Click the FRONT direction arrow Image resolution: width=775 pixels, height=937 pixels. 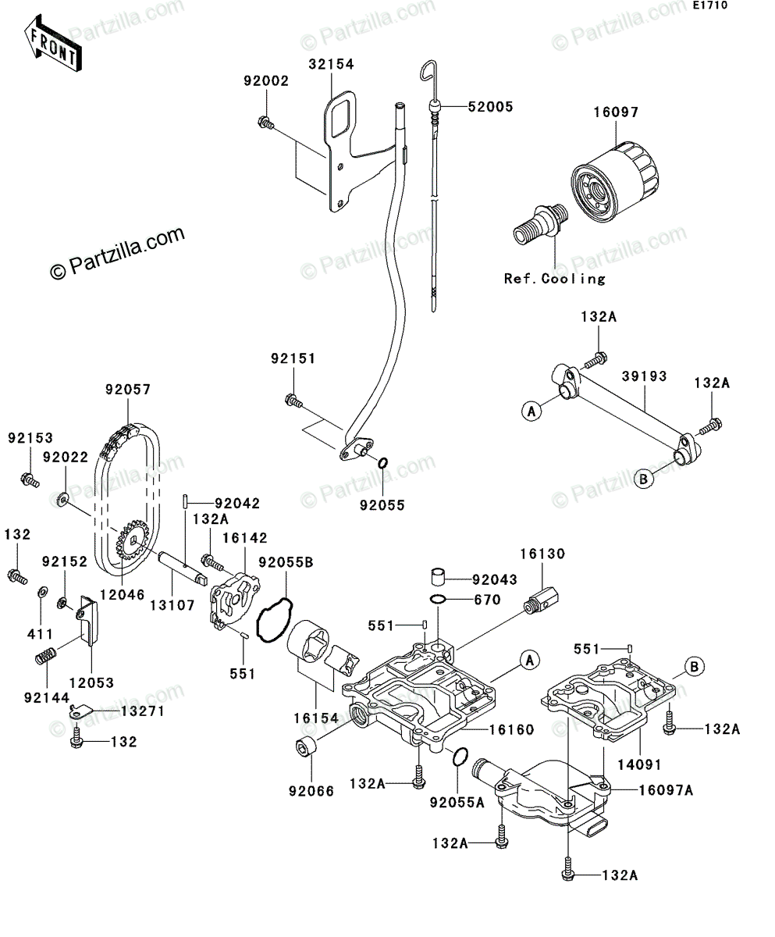[x=53, y=43]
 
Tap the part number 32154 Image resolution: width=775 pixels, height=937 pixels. [x=331, y=65]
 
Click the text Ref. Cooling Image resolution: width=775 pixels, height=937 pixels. [x=555, y=279]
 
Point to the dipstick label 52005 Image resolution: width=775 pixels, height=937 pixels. [x=490, y=107]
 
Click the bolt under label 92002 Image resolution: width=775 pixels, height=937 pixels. [x=265, y=123]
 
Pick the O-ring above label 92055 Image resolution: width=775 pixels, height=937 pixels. [x=382, y=463]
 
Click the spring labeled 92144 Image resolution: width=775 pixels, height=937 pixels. [x=45, y=657]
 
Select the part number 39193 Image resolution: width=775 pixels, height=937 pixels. [x=644, y=376]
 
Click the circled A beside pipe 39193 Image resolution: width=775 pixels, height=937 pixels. [x=531, y=411]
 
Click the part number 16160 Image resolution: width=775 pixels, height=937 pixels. [x=511, y=729]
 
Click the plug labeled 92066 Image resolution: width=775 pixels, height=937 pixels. [x=307, y=746]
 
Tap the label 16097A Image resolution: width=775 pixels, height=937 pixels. [x=666, y=790]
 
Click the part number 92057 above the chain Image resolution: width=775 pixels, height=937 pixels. [x=128, y=389]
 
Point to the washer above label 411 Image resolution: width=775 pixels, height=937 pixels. [x=41, y=592]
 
